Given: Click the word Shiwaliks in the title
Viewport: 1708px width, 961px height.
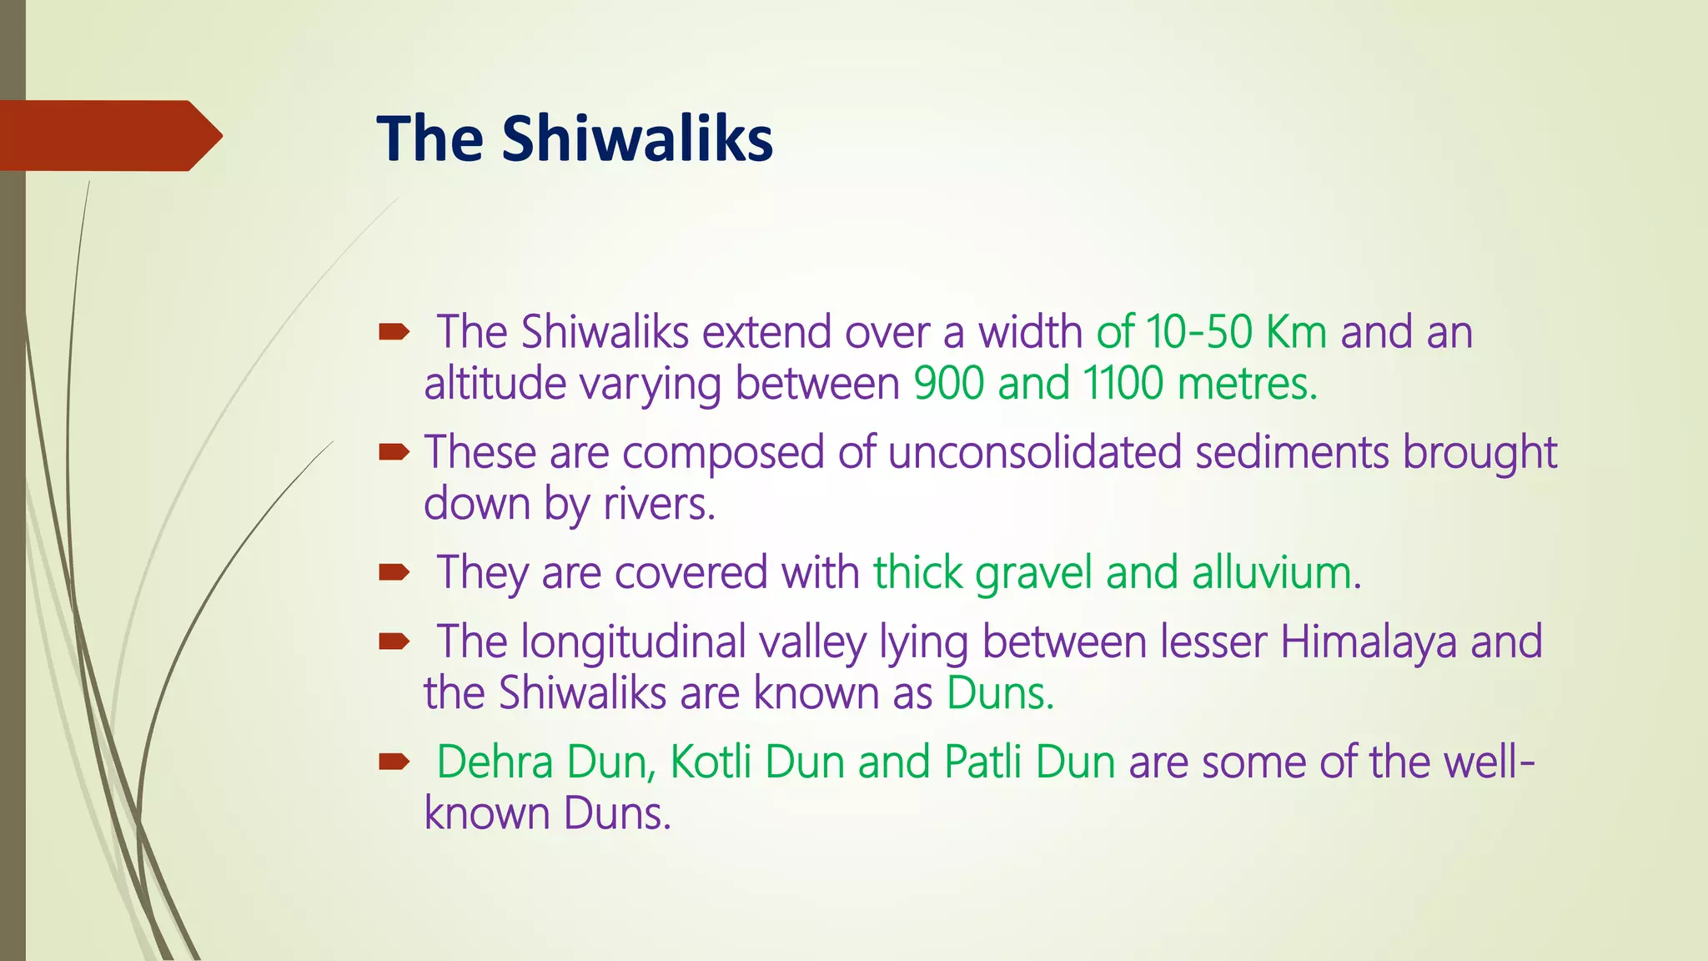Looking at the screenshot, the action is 637,138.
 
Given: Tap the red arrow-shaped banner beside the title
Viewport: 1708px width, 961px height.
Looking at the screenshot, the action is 111,135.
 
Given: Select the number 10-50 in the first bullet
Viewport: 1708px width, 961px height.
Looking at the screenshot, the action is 1199,332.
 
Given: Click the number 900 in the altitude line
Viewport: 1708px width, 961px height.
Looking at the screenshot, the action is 949,384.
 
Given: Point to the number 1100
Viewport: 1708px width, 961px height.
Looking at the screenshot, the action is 1123,384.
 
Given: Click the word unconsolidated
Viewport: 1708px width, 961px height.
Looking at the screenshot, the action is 1035,452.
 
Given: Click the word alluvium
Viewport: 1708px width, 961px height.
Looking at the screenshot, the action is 1276,573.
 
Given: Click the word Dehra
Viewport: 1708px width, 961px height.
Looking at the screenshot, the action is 495,762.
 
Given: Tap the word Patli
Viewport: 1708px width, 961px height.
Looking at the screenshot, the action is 983,762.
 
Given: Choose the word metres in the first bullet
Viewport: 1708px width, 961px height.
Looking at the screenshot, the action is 1248,384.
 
